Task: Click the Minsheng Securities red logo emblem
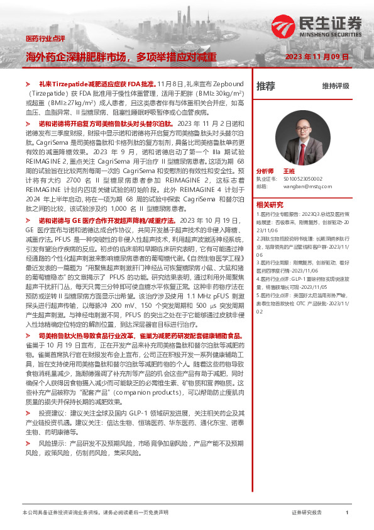click(289, 26)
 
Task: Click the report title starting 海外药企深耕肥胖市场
click(121, 56)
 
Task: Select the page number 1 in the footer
click(348, 512)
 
